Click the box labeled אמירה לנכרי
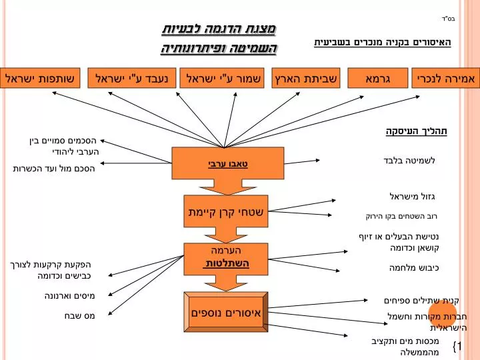coord(446,78)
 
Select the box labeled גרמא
coord(378,78)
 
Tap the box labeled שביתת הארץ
coord(306,78)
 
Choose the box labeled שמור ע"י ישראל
coord(222,78)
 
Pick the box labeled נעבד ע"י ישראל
coord(132,78)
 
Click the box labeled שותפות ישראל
coord(40,78)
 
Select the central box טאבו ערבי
coord(228,163)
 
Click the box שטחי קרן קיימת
coord(226,211)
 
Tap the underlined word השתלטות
coord(226,263)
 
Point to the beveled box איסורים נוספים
coord(226,312)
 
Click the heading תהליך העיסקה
coord(416,131)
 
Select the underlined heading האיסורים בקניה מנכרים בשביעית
coord(383,42)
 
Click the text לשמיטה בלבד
coord(409,161)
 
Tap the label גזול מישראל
coord(412,196)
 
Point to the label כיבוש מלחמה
coord(414,268)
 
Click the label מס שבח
coord(79,315)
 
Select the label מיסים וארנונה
coord(70,296)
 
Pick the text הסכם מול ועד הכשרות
coord(54,169)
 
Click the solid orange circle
coord(443,314)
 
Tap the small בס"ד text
coord(449,19)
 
